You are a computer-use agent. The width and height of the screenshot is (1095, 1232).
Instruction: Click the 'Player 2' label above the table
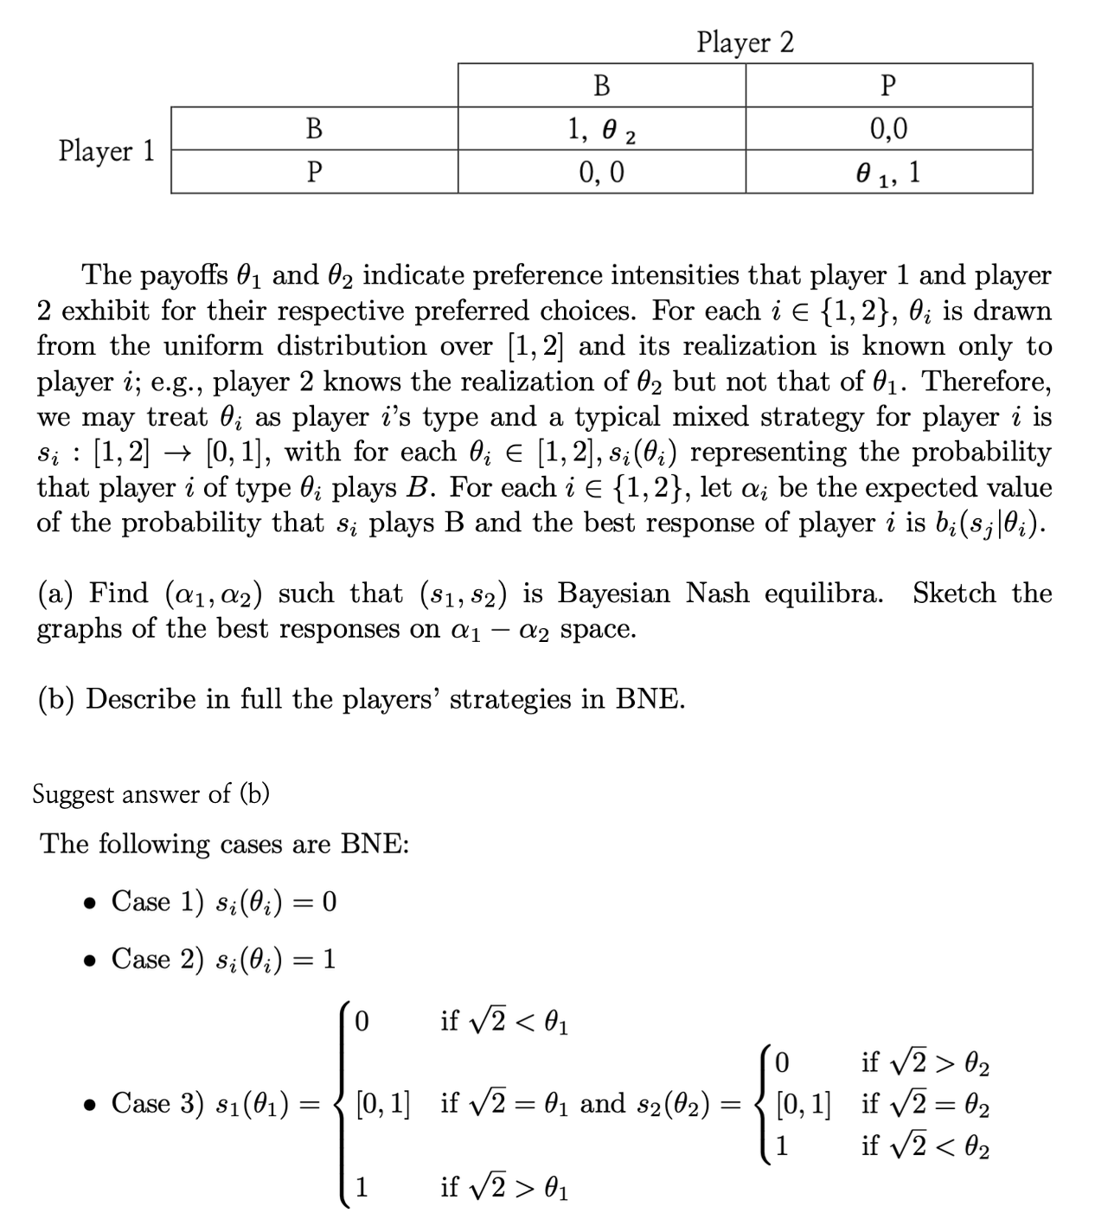[x=745, y=42]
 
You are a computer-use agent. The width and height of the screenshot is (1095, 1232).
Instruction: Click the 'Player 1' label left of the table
[x=106, y=151]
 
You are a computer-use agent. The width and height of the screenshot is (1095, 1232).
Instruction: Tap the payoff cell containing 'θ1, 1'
[x=888, y=172]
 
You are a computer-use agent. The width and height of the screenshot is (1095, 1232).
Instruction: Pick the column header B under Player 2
[x=601, y=86]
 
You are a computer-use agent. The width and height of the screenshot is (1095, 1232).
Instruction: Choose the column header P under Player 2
[x=888, y=86]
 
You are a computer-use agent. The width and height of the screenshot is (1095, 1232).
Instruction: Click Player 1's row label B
[x=314, y=129]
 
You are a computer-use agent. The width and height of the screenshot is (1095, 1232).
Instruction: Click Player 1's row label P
[x=314, y=172]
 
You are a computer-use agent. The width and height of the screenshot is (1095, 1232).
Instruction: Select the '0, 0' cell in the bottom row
[x=601, y=172]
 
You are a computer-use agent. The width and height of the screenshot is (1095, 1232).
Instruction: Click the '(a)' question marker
[x=56, y=594]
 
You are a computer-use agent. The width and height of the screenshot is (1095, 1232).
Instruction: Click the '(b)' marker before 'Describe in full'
[x=56, y=699]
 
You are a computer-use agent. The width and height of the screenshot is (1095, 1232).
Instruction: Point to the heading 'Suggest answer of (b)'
[x=150, y=793]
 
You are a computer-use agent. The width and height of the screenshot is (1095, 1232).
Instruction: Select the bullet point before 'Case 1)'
[x=89, y=903]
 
